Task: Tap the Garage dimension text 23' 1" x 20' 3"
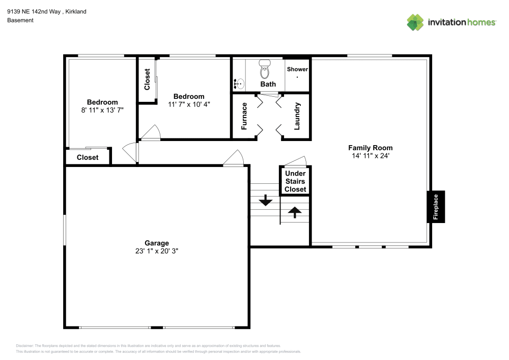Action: point(156,251)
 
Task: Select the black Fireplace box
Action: point(436,206)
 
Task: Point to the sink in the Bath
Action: point(239,84)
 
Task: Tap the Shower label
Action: point(297,69)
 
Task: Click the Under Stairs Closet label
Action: point(295,181)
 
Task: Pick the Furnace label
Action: point(244,116)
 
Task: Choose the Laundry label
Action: point(297,116)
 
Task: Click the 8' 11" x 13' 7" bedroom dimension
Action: point(102,109)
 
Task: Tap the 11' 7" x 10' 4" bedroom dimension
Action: point(189,104)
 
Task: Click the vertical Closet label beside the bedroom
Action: point(147,79)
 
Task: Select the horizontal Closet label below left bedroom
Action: point(88,157)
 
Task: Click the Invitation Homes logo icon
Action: point(415,22)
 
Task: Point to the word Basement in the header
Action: point(20,20)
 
